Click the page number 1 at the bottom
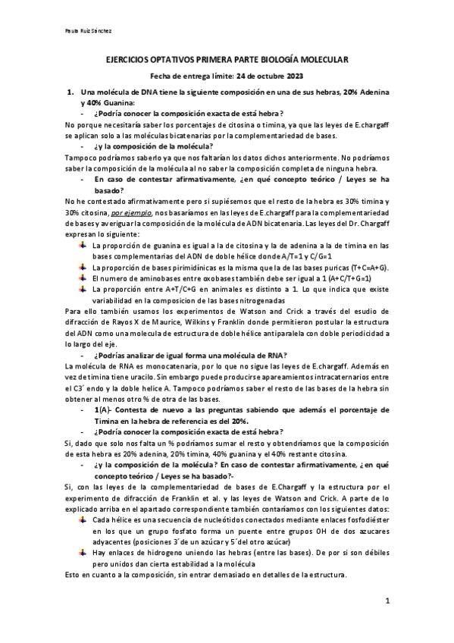click(x=387, y=602)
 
